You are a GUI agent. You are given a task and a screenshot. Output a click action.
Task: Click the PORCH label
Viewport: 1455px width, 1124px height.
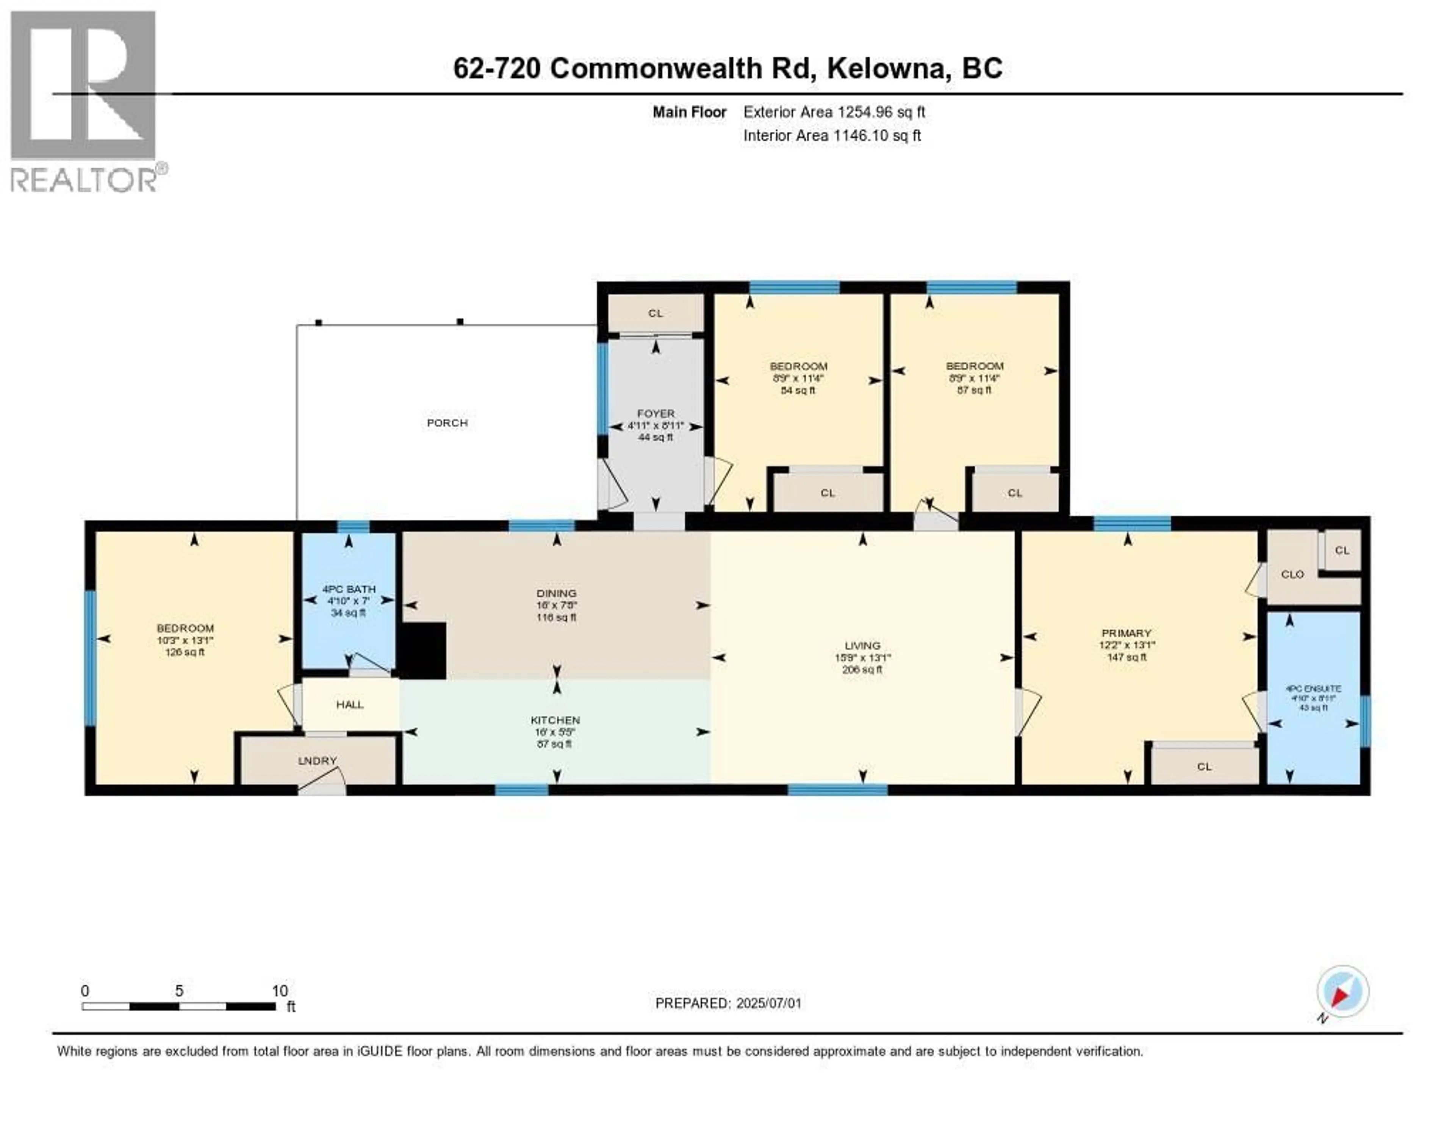pos(447,423)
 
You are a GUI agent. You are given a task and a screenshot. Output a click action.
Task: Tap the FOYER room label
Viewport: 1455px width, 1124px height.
pos(656,414)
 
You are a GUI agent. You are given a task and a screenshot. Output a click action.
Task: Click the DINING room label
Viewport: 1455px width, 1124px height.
pos(556,593)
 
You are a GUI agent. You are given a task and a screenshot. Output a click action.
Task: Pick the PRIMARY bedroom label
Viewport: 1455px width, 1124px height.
pos(1126,633)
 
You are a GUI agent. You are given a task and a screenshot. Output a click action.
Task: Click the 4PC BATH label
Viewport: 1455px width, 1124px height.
pos(349,589)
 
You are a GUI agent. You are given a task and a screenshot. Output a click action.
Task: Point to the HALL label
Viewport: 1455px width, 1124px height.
pos(350,704)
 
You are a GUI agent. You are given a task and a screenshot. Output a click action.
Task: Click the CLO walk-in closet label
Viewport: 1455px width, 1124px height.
pos(1292,575)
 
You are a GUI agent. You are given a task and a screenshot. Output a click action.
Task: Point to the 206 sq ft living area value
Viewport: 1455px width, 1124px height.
pos(862,670)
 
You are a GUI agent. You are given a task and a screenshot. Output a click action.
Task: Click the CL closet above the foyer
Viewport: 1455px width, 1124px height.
pos(656,313)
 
